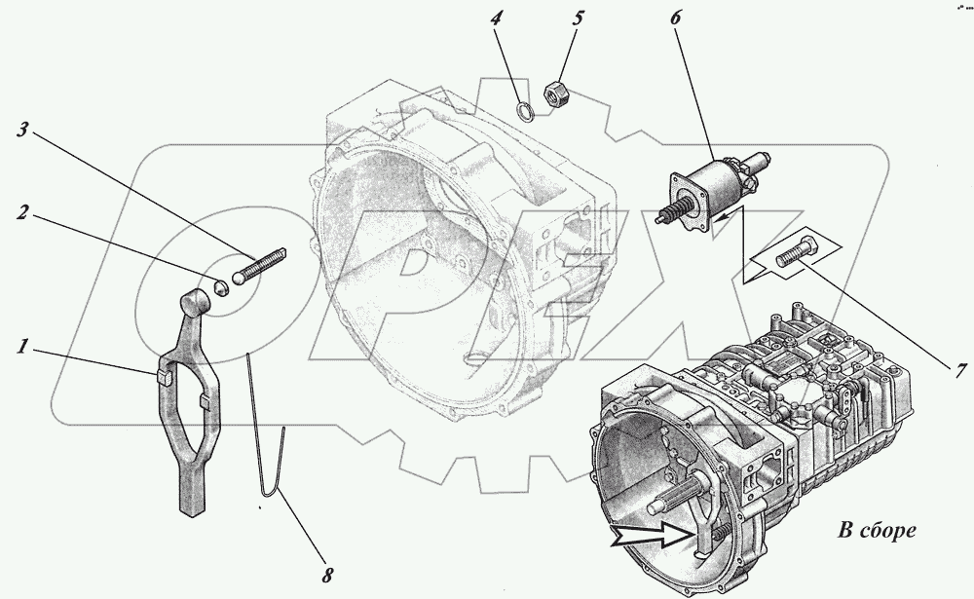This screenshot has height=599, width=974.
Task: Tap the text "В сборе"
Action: (x=876, y=532)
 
